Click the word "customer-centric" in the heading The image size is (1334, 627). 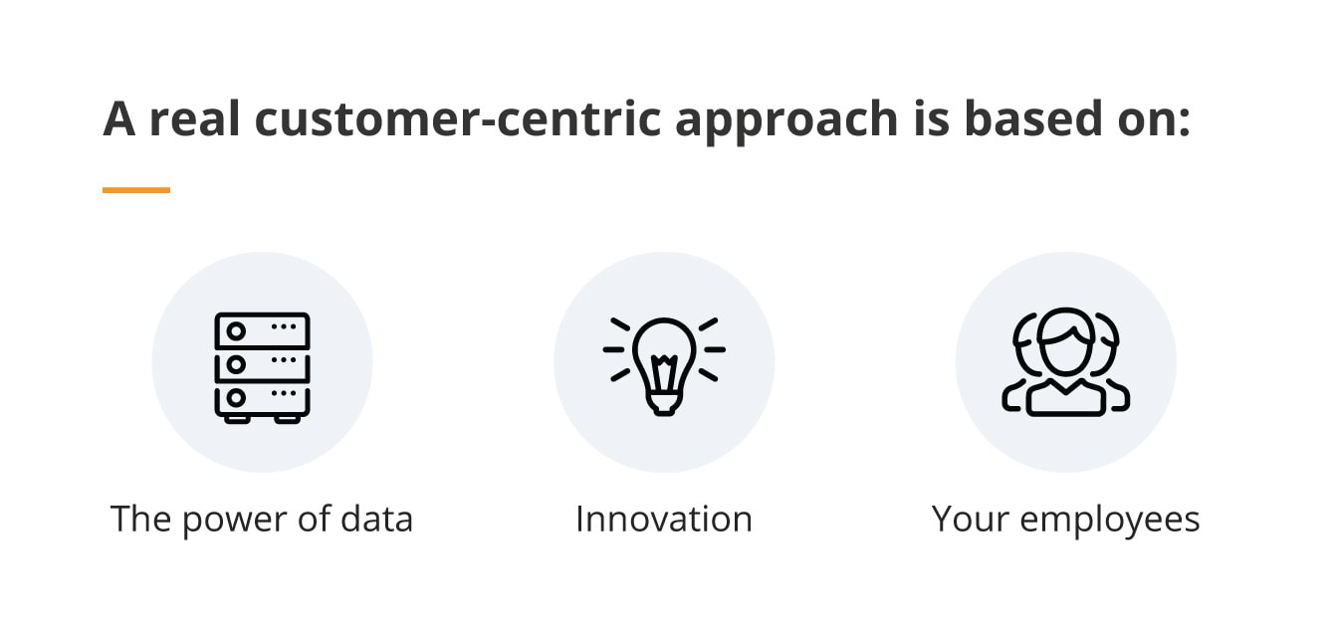[457, 119]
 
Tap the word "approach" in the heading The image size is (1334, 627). [786, 122]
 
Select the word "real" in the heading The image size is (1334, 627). [194, 118]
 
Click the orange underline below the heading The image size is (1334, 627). [136, 190]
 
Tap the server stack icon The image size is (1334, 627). [262, 367]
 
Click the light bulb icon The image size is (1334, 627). [664, 366]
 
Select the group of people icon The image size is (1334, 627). [1066, 361]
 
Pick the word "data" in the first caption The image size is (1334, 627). [377, 519]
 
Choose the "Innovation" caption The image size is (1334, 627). [664, 519]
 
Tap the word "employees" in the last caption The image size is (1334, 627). [1110, 521]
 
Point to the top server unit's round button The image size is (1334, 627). [236, 331]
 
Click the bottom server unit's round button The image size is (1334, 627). [236, 398]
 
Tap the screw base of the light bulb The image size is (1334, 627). [664, 404]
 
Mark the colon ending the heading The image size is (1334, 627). [1184, 120]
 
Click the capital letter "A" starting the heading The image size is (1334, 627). [119, 118]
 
